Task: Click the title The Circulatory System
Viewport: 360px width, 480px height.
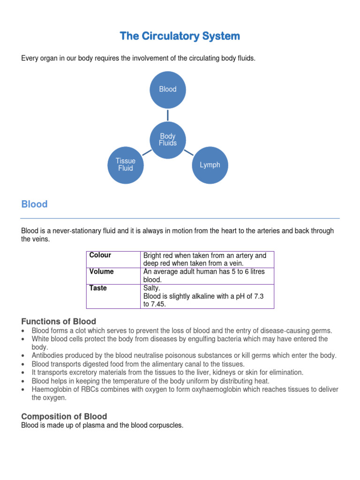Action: coord(180,36)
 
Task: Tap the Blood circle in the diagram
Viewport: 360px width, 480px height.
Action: coord(168,90)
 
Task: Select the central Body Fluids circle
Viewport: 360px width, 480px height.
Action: coord(168,140)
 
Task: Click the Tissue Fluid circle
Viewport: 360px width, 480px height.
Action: coord(126,165)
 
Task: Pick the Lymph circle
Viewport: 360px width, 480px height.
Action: coord(210,165)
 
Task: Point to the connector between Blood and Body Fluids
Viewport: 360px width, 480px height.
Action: coord(168,115)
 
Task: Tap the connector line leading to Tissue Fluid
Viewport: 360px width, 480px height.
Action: coord(147,152)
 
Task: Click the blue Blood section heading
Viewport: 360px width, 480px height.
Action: coord(35,204)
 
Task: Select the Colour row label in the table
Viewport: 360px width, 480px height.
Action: coord(100,255)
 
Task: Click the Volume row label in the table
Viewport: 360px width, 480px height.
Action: coord(102,272)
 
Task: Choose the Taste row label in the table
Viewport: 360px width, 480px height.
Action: coord(98,288)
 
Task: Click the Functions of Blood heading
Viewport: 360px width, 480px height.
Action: coord(59,322)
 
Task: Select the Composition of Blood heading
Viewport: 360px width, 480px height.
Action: coord(64,416)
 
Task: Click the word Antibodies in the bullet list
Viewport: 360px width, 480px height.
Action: coord(47,356)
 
